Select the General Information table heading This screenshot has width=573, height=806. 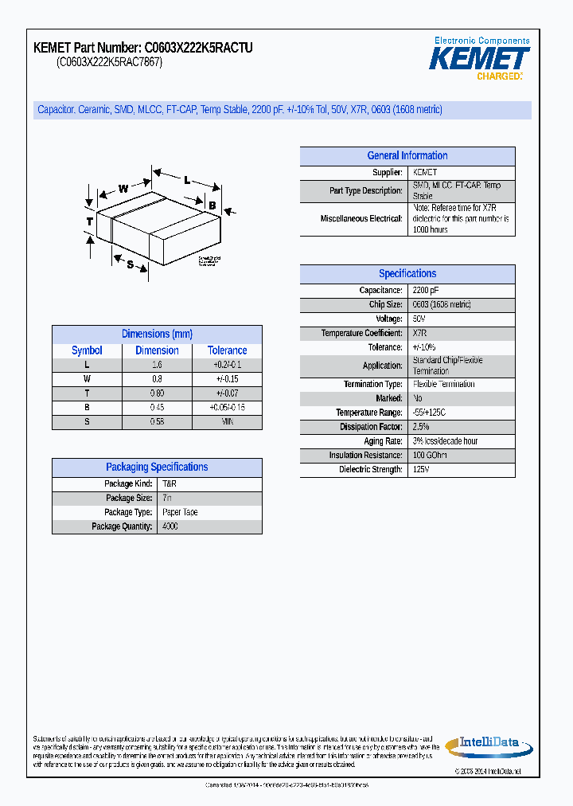(407, 156)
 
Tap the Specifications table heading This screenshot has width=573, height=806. (407, 274)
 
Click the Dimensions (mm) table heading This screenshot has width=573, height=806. (157, 335)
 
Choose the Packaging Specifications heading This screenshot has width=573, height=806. (157, 468)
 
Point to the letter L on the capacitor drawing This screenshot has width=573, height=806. (187, 180)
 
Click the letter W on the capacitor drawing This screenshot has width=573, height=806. (123, 189)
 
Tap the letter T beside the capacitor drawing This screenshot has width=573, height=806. (89, 221)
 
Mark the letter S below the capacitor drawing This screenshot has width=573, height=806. (130, 264)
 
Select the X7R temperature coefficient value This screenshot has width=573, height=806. (419, 333)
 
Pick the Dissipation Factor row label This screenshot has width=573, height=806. (370, 427)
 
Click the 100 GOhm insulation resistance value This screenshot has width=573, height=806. (430, 456)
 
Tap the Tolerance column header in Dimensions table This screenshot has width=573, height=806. (227, 350)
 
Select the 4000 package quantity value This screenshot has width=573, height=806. (170, 526)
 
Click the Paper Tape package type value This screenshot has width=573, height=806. (180, 512)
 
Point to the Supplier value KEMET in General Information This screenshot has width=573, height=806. (424, 173)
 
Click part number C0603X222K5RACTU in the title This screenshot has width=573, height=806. (198, 48)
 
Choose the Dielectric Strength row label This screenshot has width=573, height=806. (371, 470)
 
